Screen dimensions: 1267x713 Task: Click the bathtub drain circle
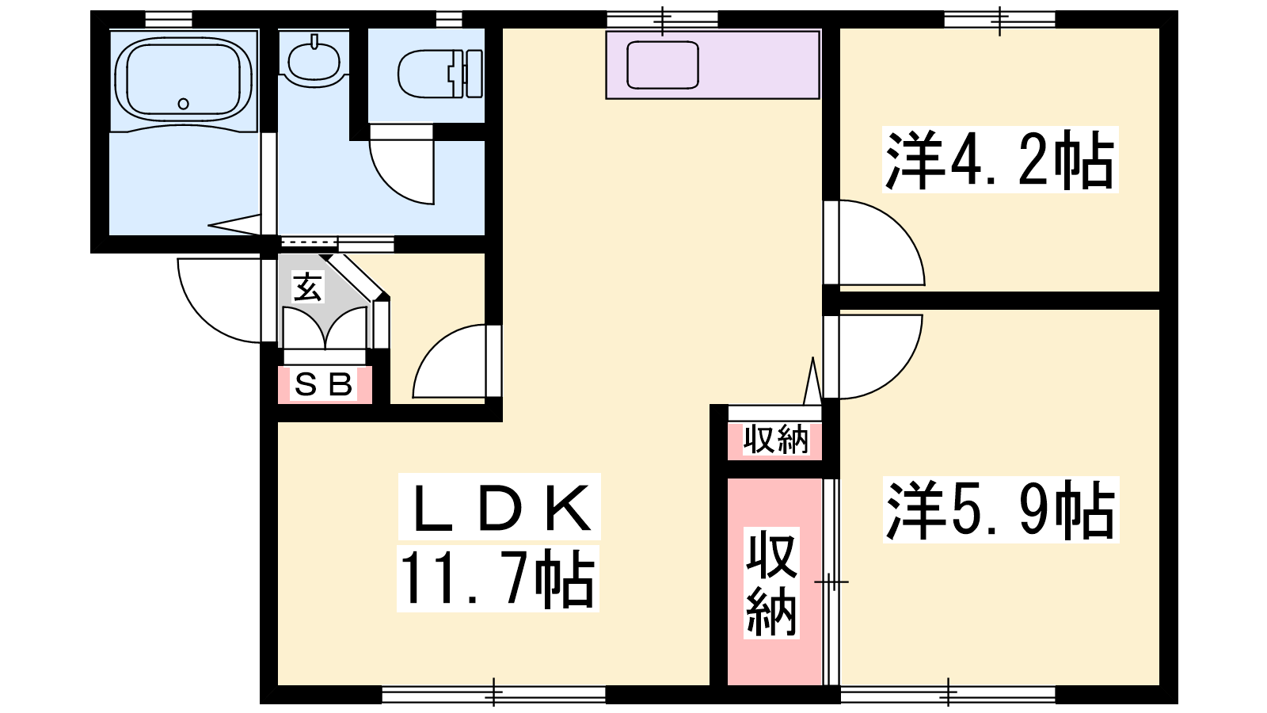coord(183,104)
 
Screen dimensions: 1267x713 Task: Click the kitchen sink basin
coord(662,64)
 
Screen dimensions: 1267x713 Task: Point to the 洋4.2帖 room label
coord(1000,159)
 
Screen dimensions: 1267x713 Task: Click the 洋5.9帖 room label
coord(1001,509)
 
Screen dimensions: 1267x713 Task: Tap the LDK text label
coord(499,506)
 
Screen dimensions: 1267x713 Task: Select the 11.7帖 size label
coord(498,578)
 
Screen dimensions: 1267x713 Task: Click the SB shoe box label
coord(324,385)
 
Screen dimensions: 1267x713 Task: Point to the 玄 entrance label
coord(308,286)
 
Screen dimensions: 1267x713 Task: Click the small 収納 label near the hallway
coord(775,439)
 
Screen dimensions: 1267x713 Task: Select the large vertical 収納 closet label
coord(771,583)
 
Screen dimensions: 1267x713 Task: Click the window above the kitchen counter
coord(662,19)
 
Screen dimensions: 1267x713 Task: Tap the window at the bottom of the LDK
coord(494,694)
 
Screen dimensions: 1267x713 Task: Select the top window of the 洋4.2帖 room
coord(999,19)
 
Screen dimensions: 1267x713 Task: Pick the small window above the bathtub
coord(169,19)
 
